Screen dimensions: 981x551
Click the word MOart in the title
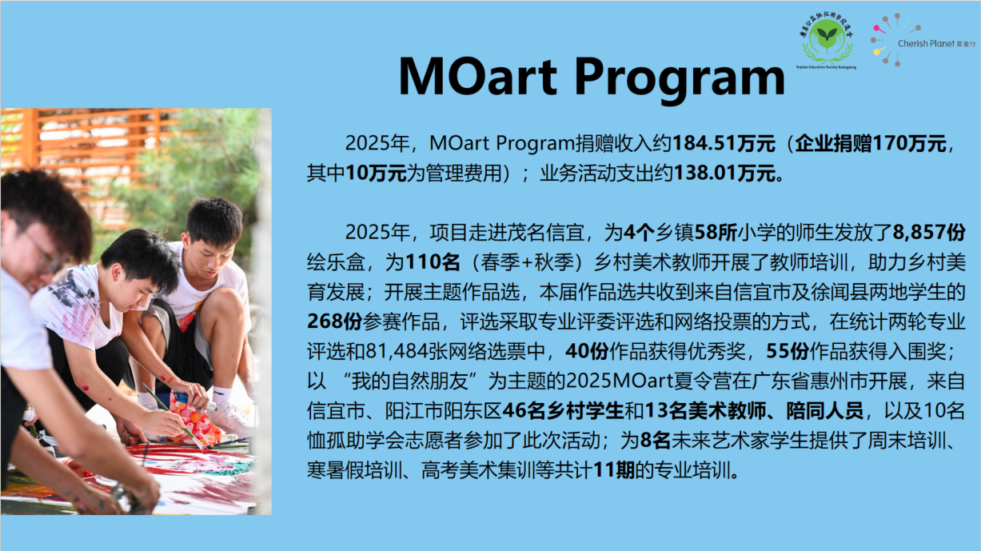pos(477,76)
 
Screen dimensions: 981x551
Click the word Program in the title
pos(680,80)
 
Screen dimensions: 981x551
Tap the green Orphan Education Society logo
pos(827,41)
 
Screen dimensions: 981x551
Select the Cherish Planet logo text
pos(937,43)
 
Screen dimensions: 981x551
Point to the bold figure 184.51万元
pos(724,143)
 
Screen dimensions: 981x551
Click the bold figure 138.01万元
pos(724,173)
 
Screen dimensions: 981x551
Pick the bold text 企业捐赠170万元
pos(871,143)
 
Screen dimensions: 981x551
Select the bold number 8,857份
pos(928,232)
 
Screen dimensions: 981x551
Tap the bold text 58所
pos(716,232)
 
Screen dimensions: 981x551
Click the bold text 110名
pos(433,262)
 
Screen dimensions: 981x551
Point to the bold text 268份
pos(334,321)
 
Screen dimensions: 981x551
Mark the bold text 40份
pos(587,351)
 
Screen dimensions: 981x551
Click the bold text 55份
pos(788,351)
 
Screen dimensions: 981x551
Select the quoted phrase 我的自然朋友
pos(410,381)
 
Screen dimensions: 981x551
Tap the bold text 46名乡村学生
pos(563,411)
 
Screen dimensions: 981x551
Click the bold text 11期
pos(613,470)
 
